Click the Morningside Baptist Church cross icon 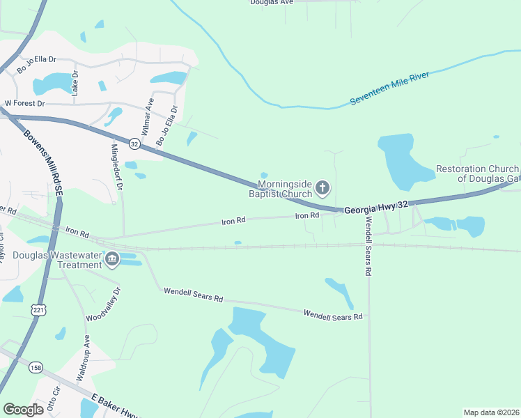point(322,187)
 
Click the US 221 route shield point(37,308)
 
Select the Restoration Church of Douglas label point(477,173)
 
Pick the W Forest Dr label point(24,103)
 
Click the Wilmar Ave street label point(147,116)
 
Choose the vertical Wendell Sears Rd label point(367,247)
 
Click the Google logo point(23,410)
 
